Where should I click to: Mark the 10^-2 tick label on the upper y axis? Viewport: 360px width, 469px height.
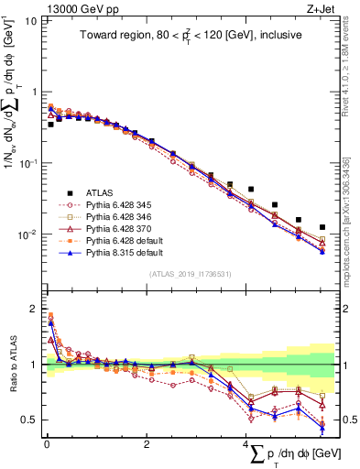[27, 234]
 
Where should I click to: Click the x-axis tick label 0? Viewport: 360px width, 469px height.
[46, 444]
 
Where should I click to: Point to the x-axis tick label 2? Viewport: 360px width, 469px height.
[147, 444]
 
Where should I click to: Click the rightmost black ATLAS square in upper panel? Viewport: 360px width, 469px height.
[322, 227]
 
